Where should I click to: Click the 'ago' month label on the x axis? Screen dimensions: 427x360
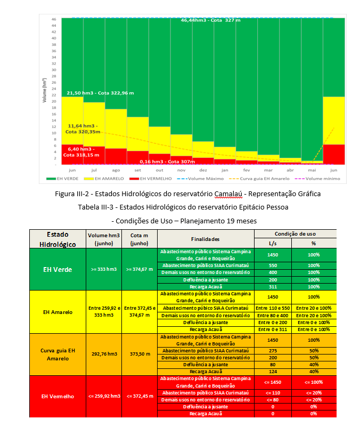[x=116, y=170]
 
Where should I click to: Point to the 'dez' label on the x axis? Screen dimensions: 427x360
[x=203, y=170]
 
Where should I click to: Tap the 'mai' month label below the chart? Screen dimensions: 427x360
[x=312, y=170]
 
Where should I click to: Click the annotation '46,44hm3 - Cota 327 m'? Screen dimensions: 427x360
[x=210, y=20]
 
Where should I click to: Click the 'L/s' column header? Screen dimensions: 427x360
[x=273, y=244]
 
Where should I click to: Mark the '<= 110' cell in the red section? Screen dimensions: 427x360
[x=273, y=392]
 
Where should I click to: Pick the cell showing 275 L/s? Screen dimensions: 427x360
[x=273, y=350]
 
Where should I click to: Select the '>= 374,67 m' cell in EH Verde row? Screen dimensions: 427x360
[x=139, y=269]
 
